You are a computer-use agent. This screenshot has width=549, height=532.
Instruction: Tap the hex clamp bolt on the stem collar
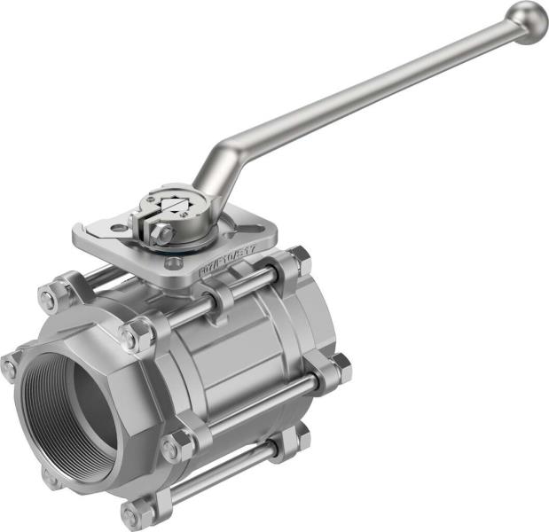click(161, 234)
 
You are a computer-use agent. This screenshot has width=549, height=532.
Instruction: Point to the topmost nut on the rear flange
click(299, 258)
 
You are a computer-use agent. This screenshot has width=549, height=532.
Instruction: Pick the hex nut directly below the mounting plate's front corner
click(137, 336)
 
